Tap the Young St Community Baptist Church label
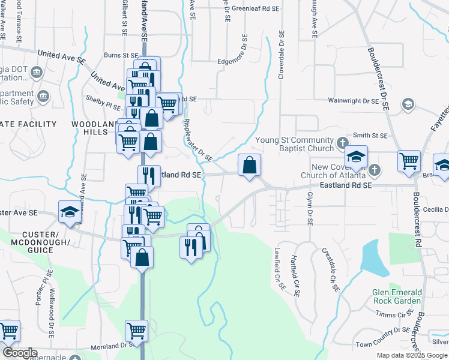[x=298, y=144]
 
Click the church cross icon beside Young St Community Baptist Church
[x=343, y=143]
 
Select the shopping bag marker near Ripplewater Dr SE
[x=249, y=164]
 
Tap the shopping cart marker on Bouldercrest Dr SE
[x=409, y=160]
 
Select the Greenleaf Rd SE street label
[x=256, y=9]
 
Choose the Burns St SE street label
[x=121, y=55]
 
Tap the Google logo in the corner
[x=19, y=353]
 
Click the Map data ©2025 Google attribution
[x=411, y=355]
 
